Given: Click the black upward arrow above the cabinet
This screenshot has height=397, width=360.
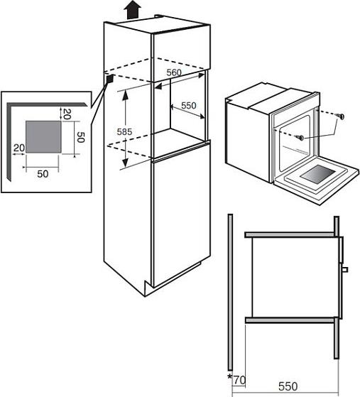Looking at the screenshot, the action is coord(132,10).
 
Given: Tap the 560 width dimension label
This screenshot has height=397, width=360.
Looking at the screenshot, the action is coord(174,72).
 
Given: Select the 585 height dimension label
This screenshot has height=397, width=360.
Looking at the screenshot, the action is coord(124,131).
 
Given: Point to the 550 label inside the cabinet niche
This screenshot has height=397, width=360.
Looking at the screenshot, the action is coord(189,105).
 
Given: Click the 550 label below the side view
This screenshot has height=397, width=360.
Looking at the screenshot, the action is coord(288,386).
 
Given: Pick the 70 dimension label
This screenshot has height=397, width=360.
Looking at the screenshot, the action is coord(239,380).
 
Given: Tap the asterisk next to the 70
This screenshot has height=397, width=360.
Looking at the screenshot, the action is coord(229,376).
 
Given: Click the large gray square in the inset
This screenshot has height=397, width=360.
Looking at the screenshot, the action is coord(43,137).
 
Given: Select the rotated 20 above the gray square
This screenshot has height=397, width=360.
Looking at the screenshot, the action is coord(67,114).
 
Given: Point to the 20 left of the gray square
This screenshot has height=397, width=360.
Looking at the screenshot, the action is coord(19,148).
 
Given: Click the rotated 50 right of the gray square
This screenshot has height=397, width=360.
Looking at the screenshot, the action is coord(80,137).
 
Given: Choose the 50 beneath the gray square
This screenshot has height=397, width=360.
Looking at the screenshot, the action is coord(43,174).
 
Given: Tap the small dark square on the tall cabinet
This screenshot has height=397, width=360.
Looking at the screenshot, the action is coord(109,79).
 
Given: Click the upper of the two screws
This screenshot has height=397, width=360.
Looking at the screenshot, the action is coord(340,116).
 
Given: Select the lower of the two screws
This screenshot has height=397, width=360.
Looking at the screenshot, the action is coord(300,138).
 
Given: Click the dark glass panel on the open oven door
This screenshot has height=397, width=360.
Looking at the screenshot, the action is coord(317,174).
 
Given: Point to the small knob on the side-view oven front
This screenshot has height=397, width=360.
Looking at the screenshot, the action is coord(345,269).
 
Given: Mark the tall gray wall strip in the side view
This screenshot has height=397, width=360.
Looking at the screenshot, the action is coord(230,293).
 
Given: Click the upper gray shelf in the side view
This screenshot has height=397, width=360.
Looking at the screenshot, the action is coord(290,234).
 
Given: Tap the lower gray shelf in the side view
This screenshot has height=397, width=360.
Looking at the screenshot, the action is coord(290,320).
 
